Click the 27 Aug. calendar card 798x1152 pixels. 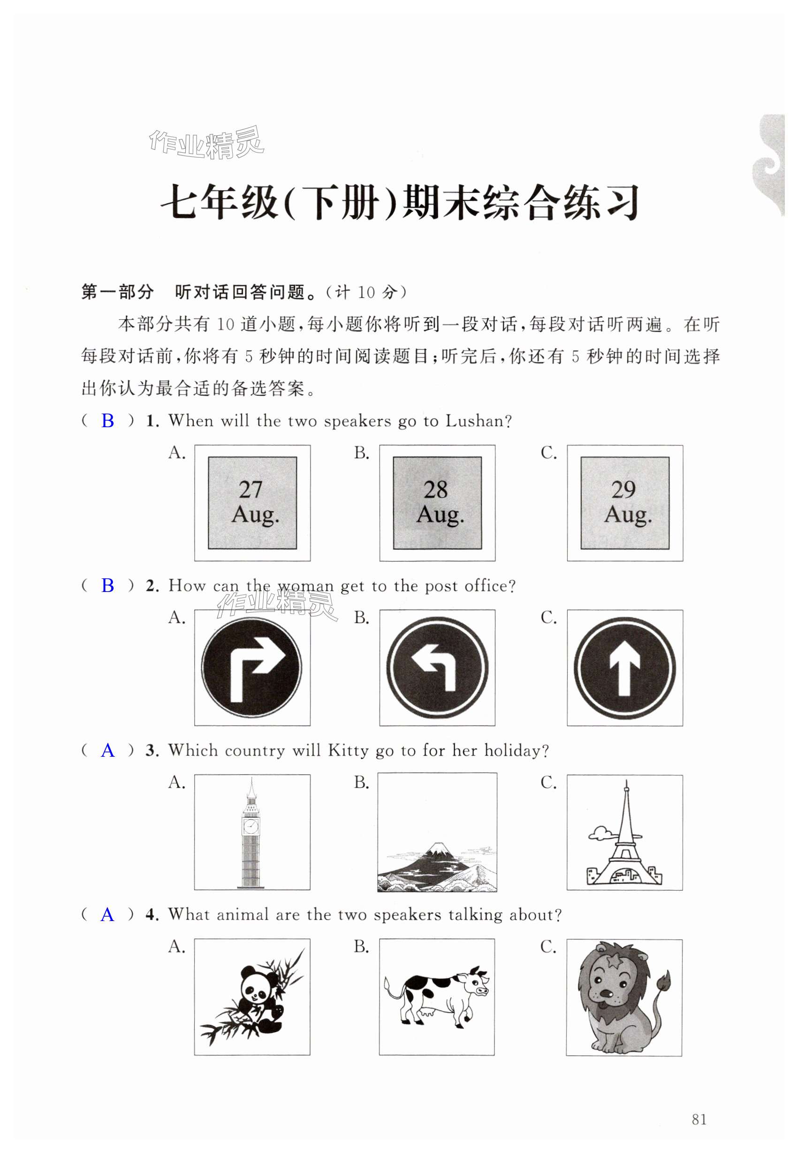252,502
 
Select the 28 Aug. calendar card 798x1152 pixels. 437,502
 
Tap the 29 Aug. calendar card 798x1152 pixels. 624,502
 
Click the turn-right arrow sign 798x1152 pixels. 251,667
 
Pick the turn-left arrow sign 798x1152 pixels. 437,667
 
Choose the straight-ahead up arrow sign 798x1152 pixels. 624,667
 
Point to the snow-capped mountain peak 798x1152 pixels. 438,847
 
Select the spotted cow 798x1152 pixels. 436,995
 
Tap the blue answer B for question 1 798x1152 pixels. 107,421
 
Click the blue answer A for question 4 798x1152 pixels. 107,915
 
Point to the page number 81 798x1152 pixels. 699,1119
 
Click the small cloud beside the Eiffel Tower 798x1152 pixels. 600,833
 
